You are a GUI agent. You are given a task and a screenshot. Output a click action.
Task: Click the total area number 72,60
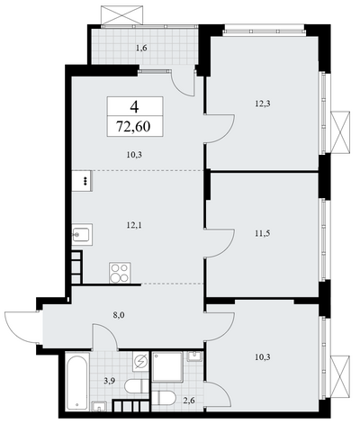(133, 127)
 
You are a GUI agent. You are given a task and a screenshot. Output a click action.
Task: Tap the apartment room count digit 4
(135, 106)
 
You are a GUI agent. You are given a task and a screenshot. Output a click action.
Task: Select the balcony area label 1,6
(141, 48)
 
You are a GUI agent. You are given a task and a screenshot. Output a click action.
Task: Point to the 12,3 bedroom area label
(263, 104)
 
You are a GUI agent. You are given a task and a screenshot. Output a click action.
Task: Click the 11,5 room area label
(263, 233)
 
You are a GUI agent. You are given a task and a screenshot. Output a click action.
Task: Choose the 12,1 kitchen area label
(134, 225)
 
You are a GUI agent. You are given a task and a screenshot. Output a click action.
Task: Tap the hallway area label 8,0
(119, 315)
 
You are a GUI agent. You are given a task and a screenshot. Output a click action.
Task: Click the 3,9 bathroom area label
(110, 381)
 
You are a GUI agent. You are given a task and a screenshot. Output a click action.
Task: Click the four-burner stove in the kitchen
(120, 273)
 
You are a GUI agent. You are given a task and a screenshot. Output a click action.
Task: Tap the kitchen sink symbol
(82, 235)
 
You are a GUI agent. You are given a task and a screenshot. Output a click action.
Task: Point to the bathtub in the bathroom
(77, 382)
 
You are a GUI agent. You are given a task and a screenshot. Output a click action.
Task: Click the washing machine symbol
(141, 361)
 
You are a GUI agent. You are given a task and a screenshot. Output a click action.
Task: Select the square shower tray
(167, 367)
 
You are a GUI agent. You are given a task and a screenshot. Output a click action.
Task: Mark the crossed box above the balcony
(121, 15)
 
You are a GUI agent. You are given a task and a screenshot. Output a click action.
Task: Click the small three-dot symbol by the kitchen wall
(85, 181)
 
